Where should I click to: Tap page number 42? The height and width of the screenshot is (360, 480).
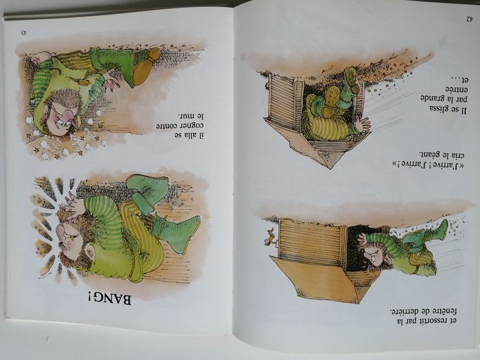tap(469, 19)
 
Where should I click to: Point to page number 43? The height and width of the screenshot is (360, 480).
tap(23, 32)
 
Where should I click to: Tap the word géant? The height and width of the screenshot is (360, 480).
tap(431, 154)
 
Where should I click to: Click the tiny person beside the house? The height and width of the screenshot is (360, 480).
tap(269, 237)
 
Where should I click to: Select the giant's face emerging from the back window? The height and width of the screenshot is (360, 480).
tap(374, 254)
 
